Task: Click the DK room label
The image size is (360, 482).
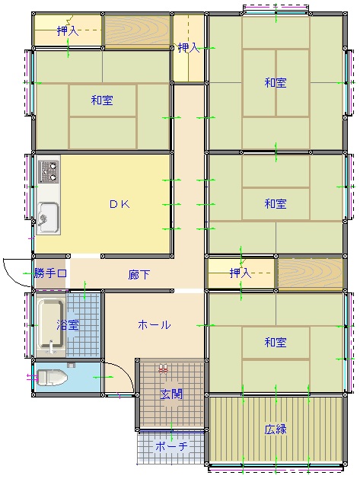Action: tap(119, 204)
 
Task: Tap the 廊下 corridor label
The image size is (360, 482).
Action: tap(139, 275)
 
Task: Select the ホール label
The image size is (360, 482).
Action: tap(155, 324)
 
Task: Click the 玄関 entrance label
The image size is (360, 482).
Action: tap(171, 394)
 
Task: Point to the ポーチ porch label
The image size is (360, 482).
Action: tap(171, 445)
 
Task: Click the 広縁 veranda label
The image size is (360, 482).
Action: tap(276, 429)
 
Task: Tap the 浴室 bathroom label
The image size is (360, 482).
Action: tap(68, 324)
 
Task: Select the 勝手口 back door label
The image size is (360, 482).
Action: tap(50, 273)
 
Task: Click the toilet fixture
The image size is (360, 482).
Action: tap(52, 377)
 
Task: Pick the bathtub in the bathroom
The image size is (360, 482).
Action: tap(51, 326)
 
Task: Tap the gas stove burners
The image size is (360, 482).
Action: tap(49, 171)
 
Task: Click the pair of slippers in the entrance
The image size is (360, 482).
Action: tap(163, 369)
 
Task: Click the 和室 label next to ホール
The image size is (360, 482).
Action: tap(276, 342)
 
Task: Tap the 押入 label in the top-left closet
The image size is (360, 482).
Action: tap(68, 30)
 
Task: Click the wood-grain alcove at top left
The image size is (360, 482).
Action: tap(137, 30)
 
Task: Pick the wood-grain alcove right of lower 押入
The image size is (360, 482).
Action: tap(311, 273)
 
